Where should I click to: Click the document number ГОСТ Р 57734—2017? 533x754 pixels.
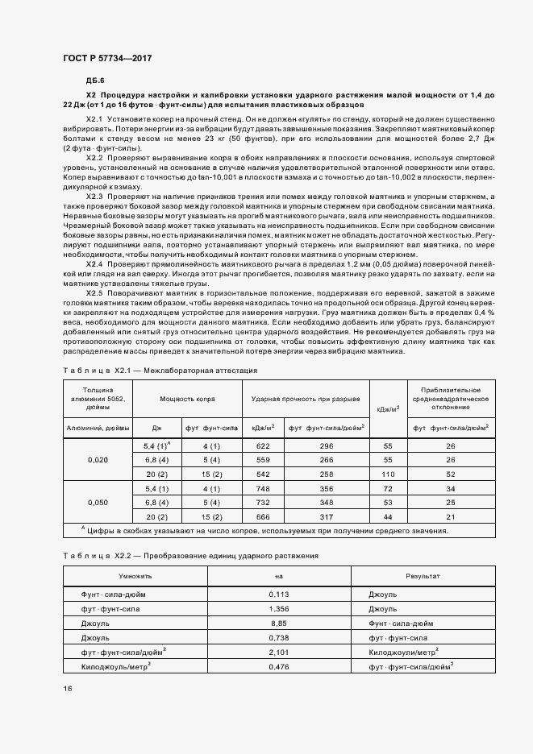click(x=107, y=59)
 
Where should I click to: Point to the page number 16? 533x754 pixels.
click(x=67, y=688)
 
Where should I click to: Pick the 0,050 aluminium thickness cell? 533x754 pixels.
click(x=96, y=502)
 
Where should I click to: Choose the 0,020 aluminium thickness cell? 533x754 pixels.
click(x=96, y=460)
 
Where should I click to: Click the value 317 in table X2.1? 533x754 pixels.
click(x=326, y=516)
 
